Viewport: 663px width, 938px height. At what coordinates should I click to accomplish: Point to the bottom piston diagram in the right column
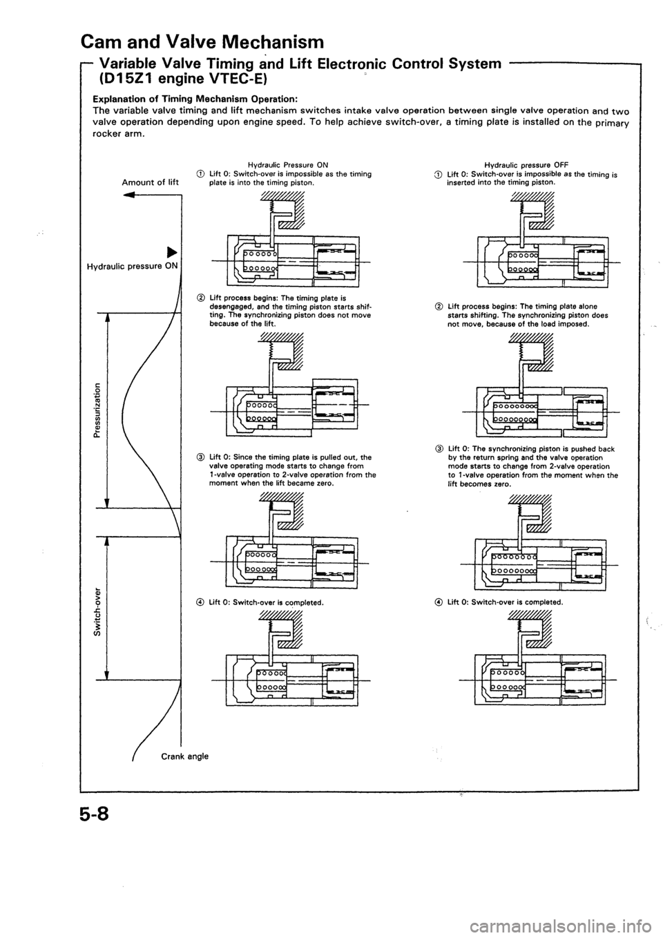click(x=546, y=663)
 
